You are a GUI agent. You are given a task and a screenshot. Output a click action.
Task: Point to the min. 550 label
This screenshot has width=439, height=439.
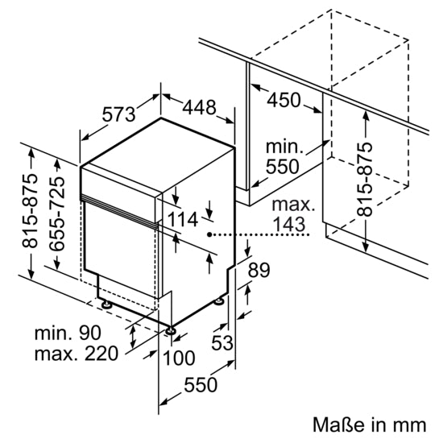[x=283, y=157]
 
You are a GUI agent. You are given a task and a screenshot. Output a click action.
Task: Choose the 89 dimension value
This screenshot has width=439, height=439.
[x=259, y=271]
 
